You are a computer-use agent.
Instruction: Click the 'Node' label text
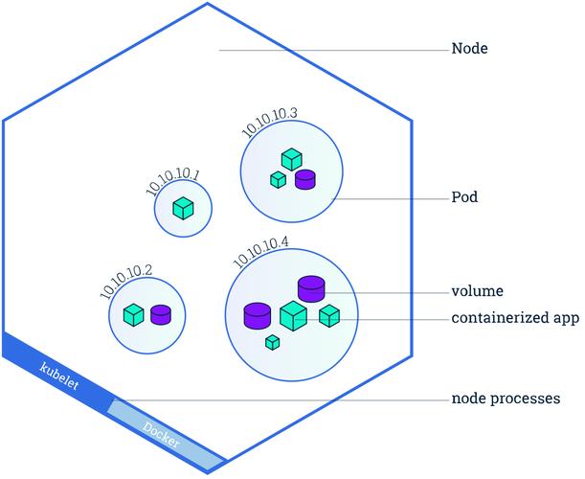pyautogui.click(x=470, y=47)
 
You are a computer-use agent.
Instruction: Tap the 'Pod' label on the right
pyautogui.click(x=464, y=199)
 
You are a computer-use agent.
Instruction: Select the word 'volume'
pyautogui.click(x=477, y=291)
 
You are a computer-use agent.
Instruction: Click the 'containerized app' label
pyautogui.click(x=514, y=318)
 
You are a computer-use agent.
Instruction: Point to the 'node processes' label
pyautogui.click(x=505, y=399)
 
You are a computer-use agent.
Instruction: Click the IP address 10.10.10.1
pyautogui.click(x=173, y=180)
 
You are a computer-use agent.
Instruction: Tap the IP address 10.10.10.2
pyautogui.click(x=126, y=278)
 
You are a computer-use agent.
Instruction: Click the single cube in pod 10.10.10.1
pyautogui.click(x=183, y=208)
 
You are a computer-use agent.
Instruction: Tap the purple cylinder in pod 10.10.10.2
pyautogui.click(x=161, y=313)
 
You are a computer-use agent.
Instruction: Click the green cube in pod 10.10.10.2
pyautogui.click(x=134, y=313)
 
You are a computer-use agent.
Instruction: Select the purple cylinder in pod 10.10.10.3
pyautogui.click(x=305, y=178)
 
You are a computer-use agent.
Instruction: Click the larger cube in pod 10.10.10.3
pyautogui.click(x=291, y=160)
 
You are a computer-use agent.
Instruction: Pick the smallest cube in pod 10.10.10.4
pyautogui.click(x=272, y=342)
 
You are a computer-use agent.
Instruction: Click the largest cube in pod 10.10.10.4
pyautogui.click(x=293, y=315)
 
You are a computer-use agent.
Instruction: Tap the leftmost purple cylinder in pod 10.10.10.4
pyautogui.click(x=257, y=315)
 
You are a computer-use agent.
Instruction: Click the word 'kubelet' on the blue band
pyautogui.click(x=58, y=375)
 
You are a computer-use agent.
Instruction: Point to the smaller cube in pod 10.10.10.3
pyautogui.click(x=278, y=179)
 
